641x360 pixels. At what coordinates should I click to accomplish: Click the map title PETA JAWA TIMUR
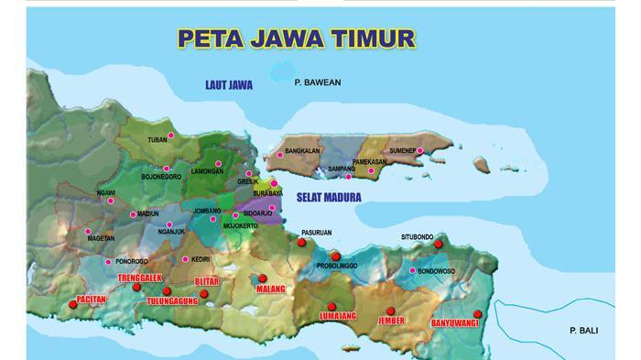[x=295, y=38]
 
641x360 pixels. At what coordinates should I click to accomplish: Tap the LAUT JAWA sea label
[x=229, y=85]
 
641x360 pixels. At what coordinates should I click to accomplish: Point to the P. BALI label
[x=583, y=330]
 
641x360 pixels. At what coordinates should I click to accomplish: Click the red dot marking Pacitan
[x=73, y=304]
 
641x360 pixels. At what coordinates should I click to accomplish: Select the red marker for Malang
[x=262, y=278]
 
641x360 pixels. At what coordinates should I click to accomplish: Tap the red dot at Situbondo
[x=439, y=244]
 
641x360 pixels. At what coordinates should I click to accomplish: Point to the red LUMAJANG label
[x=337, y=318]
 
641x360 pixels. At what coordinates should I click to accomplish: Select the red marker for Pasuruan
[x=301, y=243]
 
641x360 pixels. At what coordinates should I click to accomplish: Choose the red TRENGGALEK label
[x=139, y=277]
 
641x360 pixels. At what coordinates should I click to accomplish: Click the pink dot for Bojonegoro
[x=166, y=169]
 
